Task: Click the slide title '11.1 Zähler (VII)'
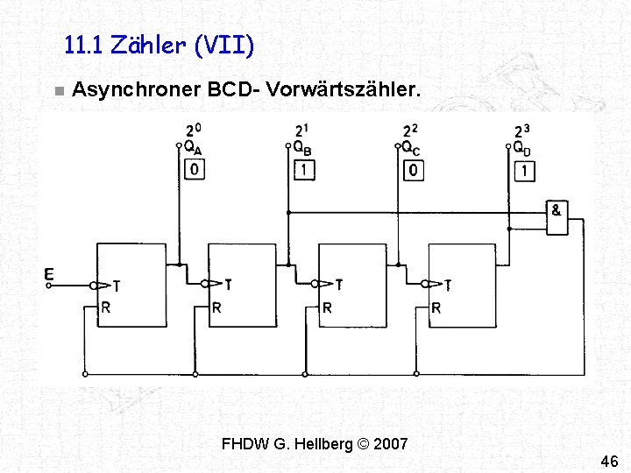click(160, 45)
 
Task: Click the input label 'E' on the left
click(49, 276)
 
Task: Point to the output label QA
click(192, 147)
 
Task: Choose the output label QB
click(301, 147)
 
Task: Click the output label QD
click(521, 147)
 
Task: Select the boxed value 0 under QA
click(195, 169)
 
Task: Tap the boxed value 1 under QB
click(304, 169)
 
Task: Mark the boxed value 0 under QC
click(414, 169)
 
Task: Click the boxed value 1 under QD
click(524, 169)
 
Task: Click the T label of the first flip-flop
click(117, 286)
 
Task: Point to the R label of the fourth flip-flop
click(436, 308)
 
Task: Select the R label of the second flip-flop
click(216, 308)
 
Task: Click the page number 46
click(609, 461)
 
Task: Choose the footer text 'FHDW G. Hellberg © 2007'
click(315, 443)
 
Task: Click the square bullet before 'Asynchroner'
click(57, 91)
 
